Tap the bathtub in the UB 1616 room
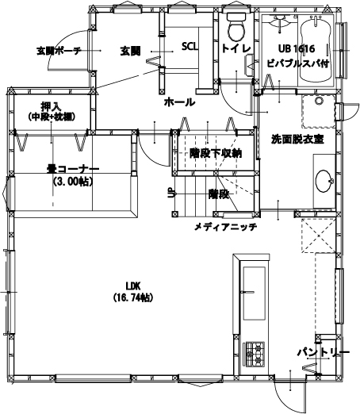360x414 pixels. click(316, 49)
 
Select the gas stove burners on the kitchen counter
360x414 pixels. click(255, 355)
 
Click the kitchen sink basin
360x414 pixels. click(254, 293)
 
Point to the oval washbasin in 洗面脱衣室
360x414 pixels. click(324, 181)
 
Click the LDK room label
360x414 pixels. click(133, 286)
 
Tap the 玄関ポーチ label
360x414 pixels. click(59, 51)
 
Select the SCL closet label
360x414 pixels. click(190, 47)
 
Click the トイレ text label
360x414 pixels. click(236, 48)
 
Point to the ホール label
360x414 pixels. click(180, 102)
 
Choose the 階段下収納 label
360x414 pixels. click(216, 153)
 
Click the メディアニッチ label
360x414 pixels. click(226, 227)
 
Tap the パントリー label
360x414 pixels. click(323, 352)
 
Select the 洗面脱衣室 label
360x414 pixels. click(297, 140)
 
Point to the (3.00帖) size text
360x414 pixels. click(73, 182)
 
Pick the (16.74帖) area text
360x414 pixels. click(133, 297)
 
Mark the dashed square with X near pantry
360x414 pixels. click(319, 236)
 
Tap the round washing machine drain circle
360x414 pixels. click(320, 101)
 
